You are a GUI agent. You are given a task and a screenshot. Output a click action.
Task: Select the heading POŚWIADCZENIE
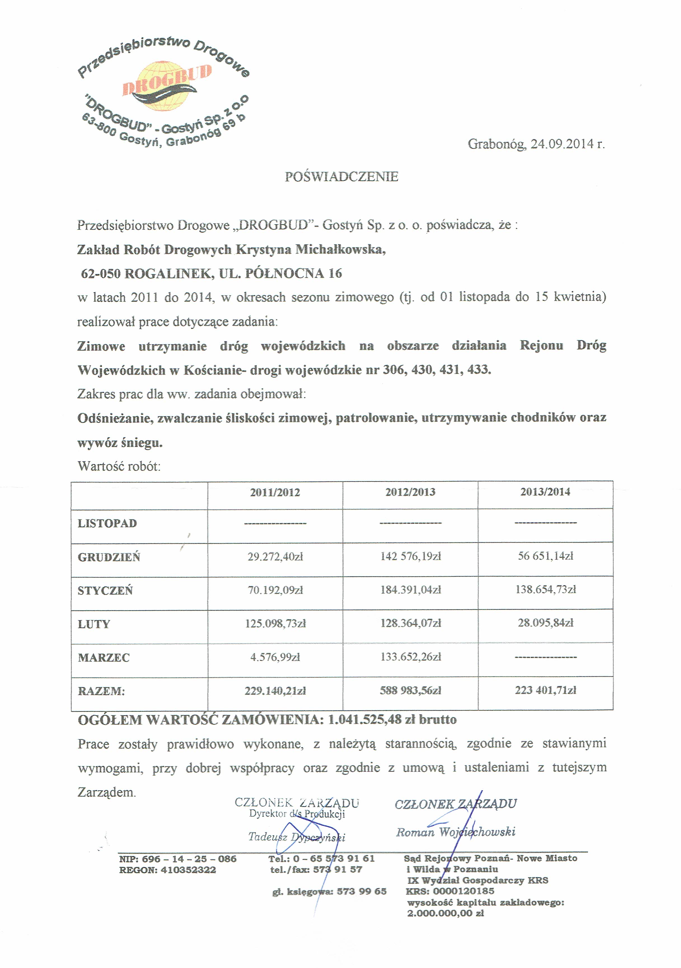point(341,177)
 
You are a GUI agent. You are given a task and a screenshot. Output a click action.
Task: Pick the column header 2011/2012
point(275,493)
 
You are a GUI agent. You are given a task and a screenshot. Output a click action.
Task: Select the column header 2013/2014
point(545,492)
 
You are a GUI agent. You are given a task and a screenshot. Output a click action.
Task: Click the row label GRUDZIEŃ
point(109,557)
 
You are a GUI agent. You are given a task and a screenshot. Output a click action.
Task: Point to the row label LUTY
point(93,624)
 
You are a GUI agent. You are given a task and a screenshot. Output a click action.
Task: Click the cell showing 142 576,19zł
point(411,557)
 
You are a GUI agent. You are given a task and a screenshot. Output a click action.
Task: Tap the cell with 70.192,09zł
point(275,590)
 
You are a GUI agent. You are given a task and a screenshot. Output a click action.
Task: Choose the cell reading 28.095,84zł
point(546,623)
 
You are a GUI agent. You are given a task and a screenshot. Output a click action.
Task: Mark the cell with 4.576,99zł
point(275,657)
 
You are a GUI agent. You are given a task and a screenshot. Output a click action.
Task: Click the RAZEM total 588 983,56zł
point(411,691)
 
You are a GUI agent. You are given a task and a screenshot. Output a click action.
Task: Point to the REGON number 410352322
point(188,870)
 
